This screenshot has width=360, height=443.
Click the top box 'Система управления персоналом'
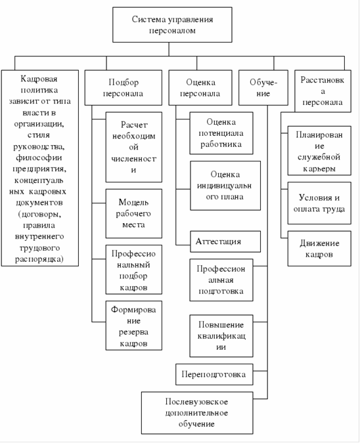pos(172,25)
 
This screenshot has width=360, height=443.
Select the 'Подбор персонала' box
pos(124,87)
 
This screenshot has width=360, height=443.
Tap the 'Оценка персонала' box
pos(200,87)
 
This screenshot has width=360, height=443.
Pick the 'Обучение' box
pos(263,87)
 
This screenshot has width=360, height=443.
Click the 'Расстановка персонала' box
pos(323,91)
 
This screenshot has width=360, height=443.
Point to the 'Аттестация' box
pos(225,242)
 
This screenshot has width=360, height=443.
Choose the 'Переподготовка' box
pos(214,374)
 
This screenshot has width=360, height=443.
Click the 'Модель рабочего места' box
pos(134,213)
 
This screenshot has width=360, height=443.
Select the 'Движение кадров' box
pos(319,249)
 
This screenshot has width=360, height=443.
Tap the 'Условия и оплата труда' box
pos(319,203)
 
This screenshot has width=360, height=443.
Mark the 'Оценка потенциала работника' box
pos(221,133)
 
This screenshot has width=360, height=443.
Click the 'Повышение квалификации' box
pos(221,336)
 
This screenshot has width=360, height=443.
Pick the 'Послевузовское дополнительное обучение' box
pos(197,413)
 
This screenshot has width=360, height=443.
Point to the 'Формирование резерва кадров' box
pos(134,326)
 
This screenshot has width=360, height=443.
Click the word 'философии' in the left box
pos(39,158)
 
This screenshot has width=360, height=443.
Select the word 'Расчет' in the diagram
pos(134,125)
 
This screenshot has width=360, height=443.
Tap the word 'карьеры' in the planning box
pos(319,169)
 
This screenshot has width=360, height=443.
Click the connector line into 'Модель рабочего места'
pos(99,203)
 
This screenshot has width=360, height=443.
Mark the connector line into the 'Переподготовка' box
pos(260,371)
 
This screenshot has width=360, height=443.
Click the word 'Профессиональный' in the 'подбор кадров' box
pos(133,259)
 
